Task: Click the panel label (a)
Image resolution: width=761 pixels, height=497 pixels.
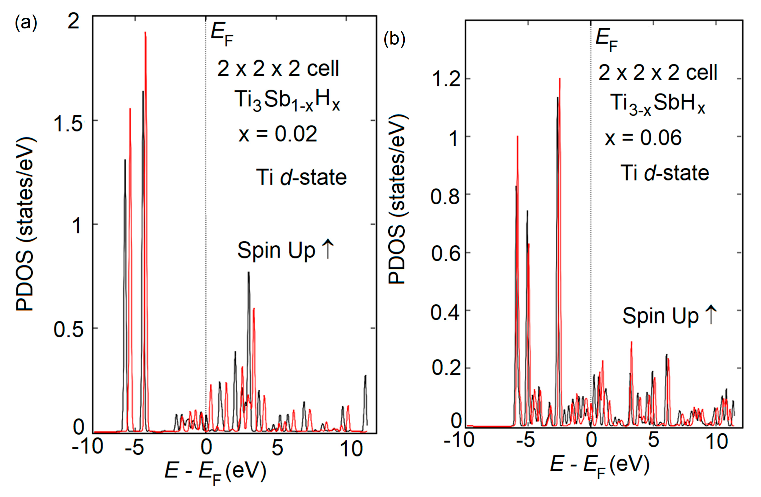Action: [x=26, y=23]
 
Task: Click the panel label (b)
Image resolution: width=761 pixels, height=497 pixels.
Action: [x=394, y=40]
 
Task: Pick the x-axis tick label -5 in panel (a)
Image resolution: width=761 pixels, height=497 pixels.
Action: [x=134, y=448]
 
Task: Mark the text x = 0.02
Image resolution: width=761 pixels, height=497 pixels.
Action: [x=278, y=134]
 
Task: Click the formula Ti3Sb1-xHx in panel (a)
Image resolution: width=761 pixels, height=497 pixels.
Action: [x=287, y=100]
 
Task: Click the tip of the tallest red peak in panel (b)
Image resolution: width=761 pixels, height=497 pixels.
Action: [x=560, y=79]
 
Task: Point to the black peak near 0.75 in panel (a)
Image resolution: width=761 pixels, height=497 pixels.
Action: [x=248, y=273]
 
